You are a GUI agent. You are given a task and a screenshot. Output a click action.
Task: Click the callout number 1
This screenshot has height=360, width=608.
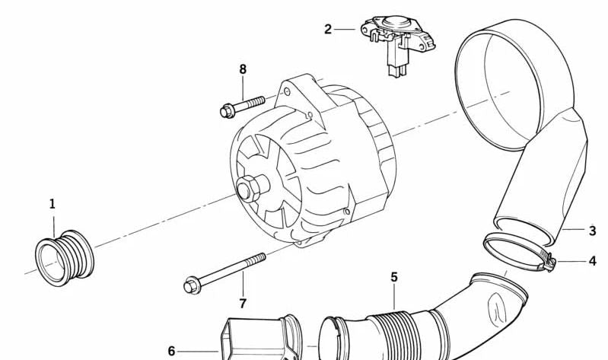53,204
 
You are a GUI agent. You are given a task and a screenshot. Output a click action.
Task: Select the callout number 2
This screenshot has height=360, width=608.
328,29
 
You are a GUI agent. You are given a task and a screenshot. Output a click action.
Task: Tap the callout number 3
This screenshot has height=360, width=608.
592,231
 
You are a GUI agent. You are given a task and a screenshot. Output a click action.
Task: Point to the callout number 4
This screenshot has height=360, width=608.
592,261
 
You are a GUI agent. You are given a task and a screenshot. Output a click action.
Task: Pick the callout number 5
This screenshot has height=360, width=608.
394,277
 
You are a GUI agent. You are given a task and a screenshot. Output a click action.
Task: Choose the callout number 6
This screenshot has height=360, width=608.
171,351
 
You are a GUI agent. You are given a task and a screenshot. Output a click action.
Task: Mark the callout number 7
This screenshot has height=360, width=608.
243,304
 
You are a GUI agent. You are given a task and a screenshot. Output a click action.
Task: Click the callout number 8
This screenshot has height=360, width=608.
243,69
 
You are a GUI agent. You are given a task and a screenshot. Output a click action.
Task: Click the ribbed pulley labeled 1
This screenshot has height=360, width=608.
65,258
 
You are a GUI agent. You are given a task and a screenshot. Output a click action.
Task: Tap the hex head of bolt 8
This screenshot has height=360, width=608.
227,111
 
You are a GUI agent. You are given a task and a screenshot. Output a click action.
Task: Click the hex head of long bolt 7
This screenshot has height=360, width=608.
192,286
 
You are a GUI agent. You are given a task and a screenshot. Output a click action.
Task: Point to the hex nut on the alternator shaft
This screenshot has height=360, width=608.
247,189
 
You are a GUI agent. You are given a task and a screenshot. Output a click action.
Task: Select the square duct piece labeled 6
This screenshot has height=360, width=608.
260,337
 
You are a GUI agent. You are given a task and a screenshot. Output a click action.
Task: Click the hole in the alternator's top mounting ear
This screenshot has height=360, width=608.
287,92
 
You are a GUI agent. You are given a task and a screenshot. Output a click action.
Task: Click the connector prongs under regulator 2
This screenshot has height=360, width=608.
397,71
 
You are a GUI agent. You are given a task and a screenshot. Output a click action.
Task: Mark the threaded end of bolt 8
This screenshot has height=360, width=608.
255,102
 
